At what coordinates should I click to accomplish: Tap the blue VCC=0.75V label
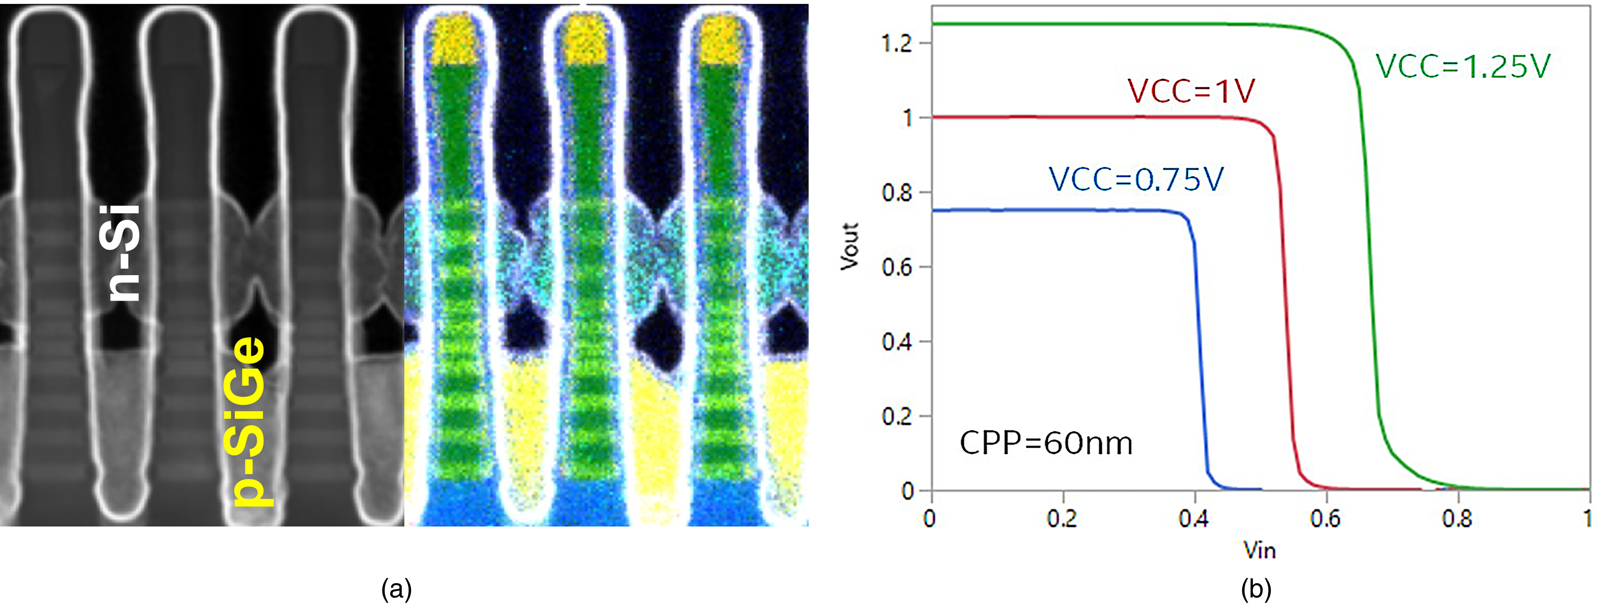pos(1136,180)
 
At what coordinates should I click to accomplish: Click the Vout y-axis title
pos(849,246)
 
